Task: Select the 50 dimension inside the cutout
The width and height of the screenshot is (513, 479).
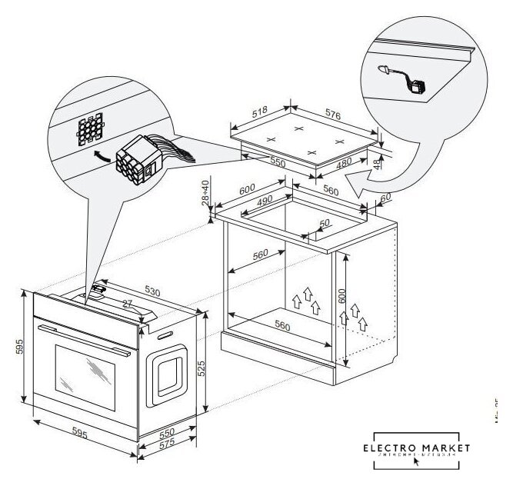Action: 325,222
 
